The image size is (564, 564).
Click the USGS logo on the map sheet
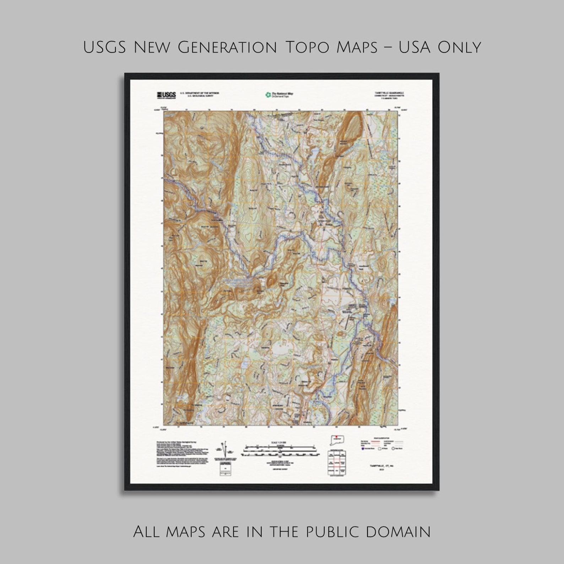click(166, 95)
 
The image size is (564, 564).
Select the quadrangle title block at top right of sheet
click(389, 94)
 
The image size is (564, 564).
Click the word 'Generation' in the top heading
click(227, 48)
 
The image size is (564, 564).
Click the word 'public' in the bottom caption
click(332, 532)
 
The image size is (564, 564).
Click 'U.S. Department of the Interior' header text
click(200, 93)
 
